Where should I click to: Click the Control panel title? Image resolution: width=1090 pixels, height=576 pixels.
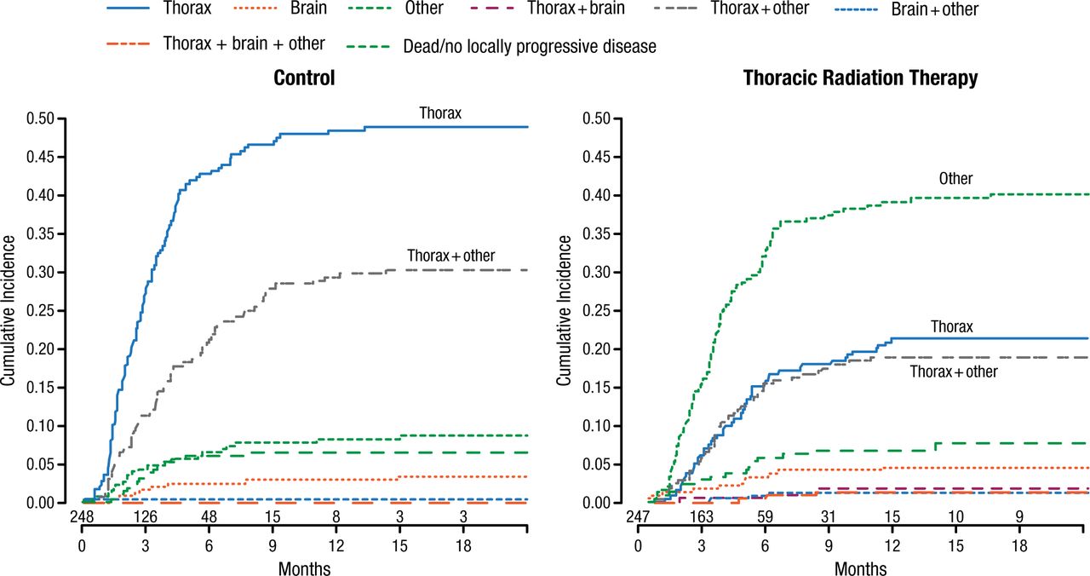pos(304,78)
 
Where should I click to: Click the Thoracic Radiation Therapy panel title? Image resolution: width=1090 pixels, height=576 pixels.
pos(860,78)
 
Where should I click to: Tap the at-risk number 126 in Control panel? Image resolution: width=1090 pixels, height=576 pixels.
pos(146,517)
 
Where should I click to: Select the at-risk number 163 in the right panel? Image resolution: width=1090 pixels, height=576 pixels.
pos(702,517)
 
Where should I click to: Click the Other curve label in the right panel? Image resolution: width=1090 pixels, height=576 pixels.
pos(955,179)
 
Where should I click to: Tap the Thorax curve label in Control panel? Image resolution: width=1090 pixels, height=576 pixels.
pos(440,113)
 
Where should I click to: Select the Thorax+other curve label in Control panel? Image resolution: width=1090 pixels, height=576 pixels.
pos(450,256)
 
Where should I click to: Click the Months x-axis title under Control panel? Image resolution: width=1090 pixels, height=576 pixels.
pos(304,567)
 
